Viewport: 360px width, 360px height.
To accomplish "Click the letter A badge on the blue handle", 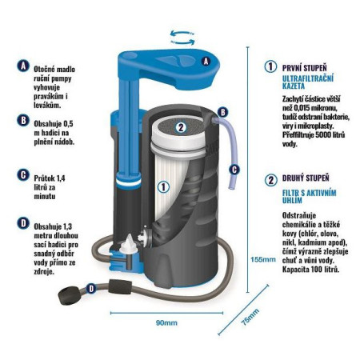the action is point(206,62).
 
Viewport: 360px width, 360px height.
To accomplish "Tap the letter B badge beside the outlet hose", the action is point(223,112).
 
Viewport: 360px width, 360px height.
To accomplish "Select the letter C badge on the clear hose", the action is point(234,170).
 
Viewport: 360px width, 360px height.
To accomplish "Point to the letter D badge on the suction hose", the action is point(91,289).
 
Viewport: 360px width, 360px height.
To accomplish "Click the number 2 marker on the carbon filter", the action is point(181,127).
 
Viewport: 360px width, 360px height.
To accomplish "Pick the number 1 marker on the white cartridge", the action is point(163,187).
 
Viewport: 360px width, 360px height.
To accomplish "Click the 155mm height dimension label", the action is point(262,259).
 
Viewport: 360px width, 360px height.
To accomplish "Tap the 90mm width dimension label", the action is point(166,323).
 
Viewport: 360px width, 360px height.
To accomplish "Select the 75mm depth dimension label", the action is point(250,317).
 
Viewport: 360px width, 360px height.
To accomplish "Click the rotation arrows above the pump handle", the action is point(182,38).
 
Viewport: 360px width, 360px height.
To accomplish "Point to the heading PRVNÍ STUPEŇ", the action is point(305,68).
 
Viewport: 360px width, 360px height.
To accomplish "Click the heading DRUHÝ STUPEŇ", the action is point(306,178).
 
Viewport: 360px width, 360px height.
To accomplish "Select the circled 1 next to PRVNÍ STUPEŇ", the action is point(270,66).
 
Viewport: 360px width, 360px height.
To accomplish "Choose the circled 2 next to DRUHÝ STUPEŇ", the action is point(271,180).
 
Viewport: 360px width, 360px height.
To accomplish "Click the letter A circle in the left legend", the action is point(23,66).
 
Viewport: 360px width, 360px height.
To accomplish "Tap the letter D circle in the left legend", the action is point(23,223).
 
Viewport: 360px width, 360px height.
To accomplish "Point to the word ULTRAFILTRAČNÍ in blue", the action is point(308,78).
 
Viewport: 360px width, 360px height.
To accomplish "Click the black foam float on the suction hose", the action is point(120,286).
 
